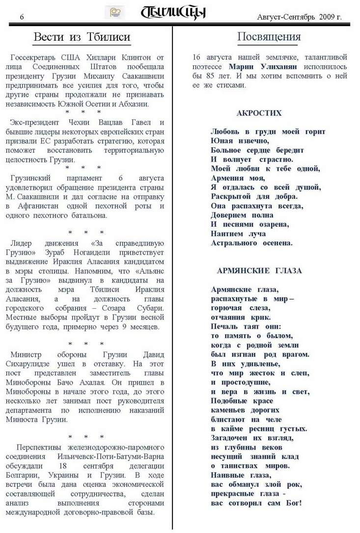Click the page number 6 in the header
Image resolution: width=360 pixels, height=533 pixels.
(x=22, y=17)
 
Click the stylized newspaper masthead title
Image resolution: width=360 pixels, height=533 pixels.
(x=173, y=13)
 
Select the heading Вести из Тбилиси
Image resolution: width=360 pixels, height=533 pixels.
(x=82, y=37)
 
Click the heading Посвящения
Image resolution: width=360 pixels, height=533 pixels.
(x=269, y=37)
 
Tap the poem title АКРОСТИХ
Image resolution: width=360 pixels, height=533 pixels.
(x=259, y=113)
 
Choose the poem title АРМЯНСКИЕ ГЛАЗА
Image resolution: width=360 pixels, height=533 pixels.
(x=259, y=270)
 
